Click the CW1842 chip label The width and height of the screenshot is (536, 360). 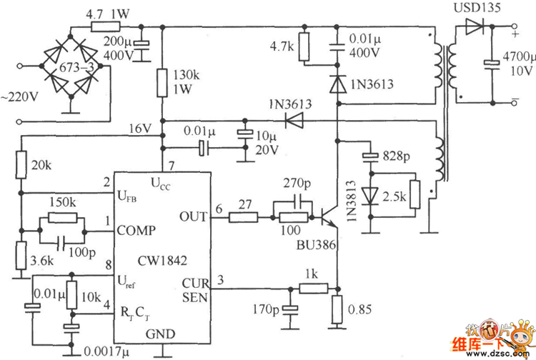(162, 261)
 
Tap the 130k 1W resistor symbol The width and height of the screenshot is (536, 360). (162, 83)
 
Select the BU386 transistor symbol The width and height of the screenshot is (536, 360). (328, 218)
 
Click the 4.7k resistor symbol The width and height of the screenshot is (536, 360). (304, 47)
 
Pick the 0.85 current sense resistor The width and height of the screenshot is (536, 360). (337, 310)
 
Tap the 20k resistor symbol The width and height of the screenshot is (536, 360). (21, 165)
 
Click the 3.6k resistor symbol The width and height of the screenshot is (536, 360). (21, 255)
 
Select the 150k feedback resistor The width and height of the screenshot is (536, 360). (63, 218)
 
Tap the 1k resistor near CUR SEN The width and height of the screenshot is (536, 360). (314, 289)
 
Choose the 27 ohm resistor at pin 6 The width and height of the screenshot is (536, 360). (243, 217)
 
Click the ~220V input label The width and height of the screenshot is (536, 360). (19, 97)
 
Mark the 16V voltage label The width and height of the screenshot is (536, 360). (140, 129)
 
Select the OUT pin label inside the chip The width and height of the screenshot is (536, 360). (194, 216)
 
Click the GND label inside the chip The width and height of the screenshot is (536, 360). (160, 334)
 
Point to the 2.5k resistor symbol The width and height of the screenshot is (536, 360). (415, 194)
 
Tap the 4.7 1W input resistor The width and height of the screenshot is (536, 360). (106, 26)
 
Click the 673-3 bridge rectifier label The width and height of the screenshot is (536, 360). (76, 68)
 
